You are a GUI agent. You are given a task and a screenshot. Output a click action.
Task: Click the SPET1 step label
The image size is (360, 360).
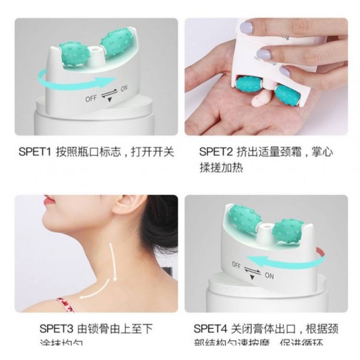pos(35,152)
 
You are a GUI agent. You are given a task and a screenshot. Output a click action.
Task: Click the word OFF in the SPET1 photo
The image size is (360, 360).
pos(91,97)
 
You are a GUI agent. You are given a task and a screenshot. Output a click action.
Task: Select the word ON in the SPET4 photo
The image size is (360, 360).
pos(269,276)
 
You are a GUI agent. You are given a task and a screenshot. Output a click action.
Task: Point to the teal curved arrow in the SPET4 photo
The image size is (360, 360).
pos(282,260)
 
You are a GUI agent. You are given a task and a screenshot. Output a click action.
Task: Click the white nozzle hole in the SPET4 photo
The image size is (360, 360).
pos(265,226)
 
